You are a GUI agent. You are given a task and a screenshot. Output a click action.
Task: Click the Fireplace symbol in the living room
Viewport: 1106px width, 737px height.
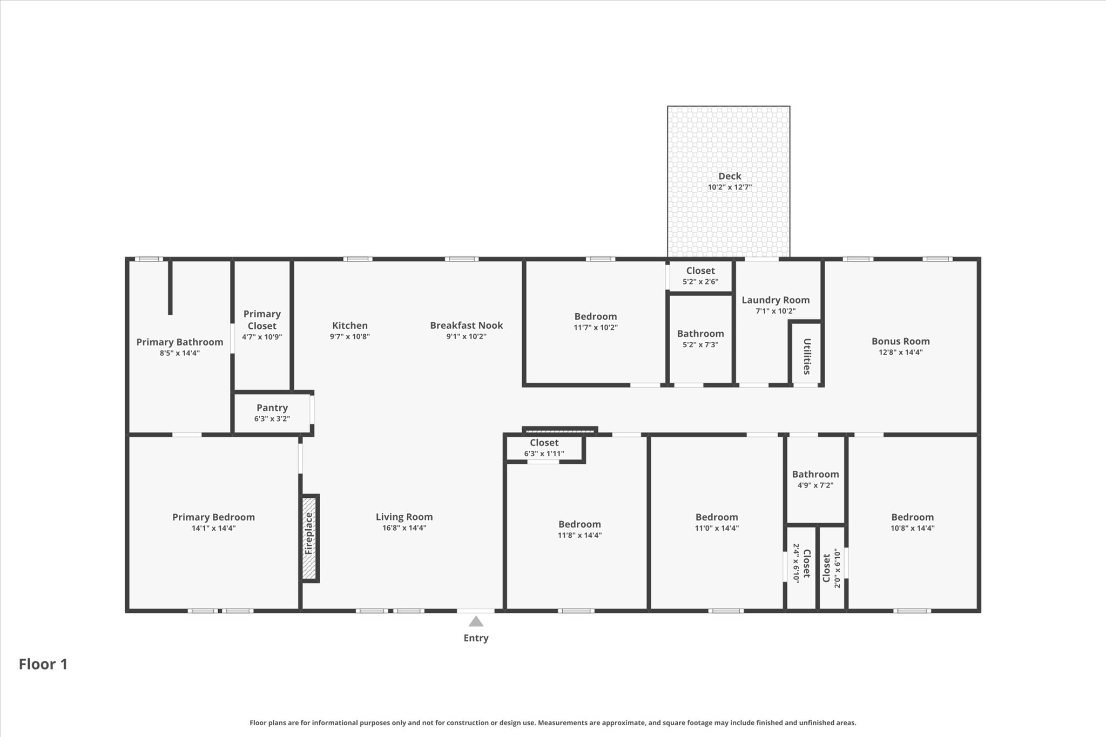(309, 538)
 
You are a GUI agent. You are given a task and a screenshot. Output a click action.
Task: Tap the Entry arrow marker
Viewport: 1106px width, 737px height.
(476, 621)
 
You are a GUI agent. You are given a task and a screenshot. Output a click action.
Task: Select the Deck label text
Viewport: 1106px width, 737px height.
(730, 176)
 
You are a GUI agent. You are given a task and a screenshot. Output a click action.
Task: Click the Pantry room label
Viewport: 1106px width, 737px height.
(272, 408)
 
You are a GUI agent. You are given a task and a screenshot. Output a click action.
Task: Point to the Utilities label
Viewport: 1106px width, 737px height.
(807, 356)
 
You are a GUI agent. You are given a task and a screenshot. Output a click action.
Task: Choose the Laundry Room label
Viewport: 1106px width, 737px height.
(775, 300)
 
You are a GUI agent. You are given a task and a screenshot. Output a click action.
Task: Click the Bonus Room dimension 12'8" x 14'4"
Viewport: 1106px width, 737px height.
(900, 353)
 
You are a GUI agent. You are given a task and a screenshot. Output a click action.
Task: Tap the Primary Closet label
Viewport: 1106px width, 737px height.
(262, 320)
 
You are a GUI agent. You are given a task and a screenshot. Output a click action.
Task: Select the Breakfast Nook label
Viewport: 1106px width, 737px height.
(466, 326)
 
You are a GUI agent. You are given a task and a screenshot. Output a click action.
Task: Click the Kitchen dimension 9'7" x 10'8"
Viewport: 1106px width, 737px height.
(350, 337)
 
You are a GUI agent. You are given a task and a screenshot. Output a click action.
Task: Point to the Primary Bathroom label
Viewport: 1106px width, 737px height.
(179, 342)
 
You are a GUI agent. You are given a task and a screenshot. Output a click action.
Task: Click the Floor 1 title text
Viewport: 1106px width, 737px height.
(43, 664)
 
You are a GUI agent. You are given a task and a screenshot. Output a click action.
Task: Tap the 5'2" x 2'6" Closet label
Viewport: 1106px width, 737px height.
(700, 271)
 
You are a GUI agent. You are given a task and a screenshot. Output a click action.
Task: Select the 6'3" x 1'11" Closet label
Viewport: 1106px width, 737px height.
(544, 443)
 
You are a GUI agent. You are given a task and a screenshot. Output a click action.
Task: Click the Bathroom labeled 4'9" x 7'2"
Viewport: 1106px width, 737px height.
(815, 475)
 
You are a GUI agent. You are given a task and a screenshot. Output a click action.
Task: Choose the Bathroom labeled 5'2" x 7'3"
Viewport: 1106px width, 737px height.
(700, 334)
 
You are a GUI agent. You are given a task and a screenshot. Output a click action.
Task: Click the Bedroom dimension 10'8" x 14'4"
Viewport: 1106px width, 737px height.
(912, 529)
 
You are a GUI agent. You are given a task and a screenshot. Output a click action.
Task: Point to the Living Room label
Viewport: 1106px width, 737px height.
(404, 517)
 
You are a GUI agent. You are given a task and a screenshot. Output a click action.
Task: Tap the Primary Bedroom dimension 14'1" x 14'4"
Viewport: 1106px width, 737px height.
(213, 529)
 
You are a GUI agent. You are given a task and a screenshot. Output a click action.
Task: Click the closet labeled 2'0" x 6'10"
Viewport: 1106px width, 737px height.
(827, 568)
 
